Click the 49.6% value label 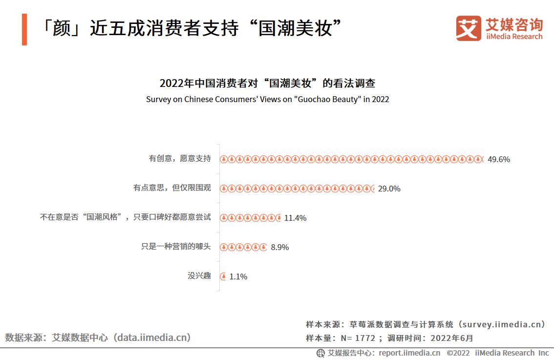tap(498, 159)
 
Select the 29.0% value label tap(389, 189)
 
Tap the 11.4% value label tap(295, 218)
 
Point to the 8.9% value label tap(280, 247)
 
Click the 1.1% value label tap(238, 276)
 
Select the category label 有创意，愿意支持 tap(180, 159)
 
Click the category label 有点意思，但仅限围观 tap(172, 188)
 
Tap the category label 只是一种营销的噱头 tap(176, 247)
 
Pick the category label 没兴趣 tap(199, 276)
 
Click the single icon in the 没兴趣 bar tap(223, 276)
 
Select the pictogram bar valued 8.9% tap(243, 247)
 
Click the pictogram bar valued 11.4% tap(250, 218)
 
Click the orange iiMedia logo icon tap(469, 29)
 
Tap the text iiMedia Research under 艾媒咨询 tap(514, 37)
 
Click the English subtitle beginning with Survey tap(267, 99)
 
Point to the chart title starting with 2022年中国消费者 tap(267, 83)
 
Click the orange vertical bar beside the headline tap(24, 30)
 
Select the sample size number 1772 tap(365, 338)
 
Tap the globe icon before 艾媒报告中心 tap(320, 353)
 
